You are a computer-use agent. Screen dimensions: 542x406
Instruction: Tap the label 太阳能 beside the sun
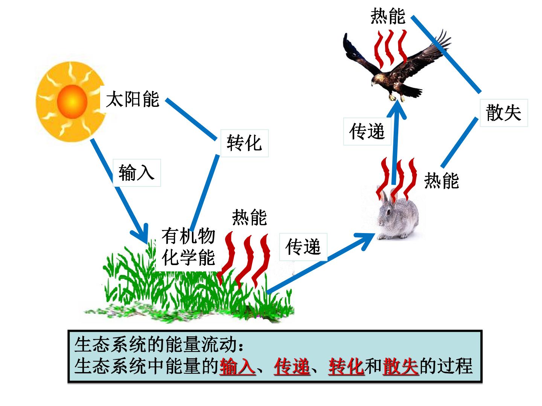tap(132, 99)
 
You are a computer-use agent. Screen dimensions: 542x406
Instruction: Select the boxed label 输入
tap(137, 173)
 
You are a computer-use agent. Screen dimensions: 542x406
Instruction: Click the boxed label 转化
tap(244, 143)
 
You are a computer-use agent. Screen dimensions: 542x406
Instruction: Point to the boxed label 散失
tap(504, 113)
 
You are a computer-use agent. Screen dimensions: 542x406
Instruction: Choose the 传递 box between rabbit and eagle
tap(367, 132)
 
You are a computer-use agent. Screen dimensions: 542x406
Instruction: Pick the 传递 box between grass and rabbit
tap(303, 247)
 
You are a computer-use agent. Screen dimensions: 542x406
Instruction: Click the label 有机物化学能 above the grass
tap(188, 247)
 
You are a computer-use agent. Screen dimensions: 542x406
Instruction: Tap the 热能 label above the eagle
tap(388, 16)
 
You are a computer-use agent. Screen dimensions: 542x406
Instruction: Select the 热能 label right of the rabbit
tap(442, 180)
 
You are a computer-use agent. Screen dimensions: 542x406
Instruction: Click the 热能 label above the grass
tap(250, 217)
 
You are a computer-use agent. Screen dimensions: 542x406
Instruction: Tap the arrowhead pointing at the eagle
tap(397, 109)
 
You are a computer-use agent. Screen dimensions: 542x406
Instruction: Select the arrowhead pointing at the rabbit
tap(365, 240)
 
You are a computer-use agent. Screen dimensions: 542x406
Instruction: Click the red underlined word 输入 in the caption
tap(237, 367)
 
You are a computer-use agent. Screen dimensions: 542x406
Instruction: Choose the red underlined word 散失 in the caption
tap(400, 367)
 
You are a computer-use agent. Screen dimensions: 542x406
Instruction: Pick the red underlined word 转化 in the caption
tap(346, 367)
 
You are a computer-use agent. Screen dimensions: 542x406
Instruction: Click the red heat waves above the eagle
tap(390, 49)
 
